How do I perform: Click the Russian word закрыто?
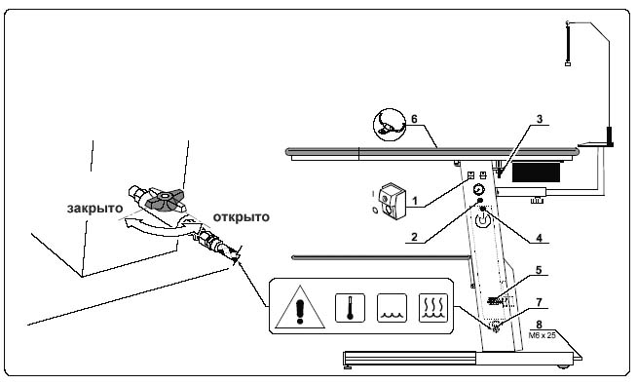click(x=94, y=208)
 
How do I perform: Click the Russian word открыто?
click(x=242, y=217)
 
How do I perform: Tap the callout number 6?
click(x=414, y=119)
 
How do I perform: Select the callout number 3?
click(x=540, y=119)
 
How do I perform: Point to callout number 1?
click(x=415, y=201)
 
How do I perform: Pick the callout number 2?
click(x=414, y=237)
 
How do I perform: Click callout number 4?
click(x=539, y=237)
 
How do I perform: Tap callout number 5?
click(x=539, y=270)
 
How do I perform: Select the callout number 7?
click(x=539, y=302)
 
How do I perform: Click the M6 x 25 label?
click(x=542, y=335)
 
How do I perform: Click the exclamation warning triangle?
click(x=300, y=307)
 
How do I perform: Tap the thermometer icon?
click(x=350, y=308)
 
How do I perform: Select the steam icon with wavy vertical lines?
click(x=433, y=308)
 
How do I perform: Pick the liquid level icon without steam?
click(x=392, y=308)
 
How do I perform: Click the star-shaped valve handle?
click(x=164, y=199)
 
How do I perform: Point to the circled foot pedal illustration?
click(x=390, y=125)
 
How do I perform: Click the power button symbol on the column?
click(x=483, y=220)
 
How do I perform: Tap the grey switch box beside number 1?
click(x=392, y=201)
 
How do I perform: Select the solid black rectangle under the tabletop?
click(x=536, y=173)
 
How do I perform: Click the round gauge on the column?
click(x=478, y=190)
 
